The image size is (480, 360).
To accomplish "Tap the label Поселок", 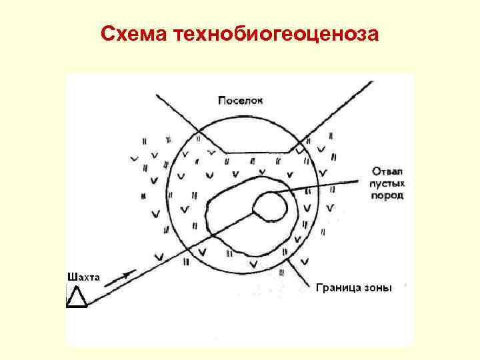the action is (241, 101).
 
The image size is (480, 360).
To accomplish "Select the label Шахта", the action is (83, 275).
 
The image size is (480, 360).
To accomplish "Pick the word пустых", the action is (387, 182).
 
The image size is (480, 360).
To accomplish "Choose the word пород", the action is (386, 195).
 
